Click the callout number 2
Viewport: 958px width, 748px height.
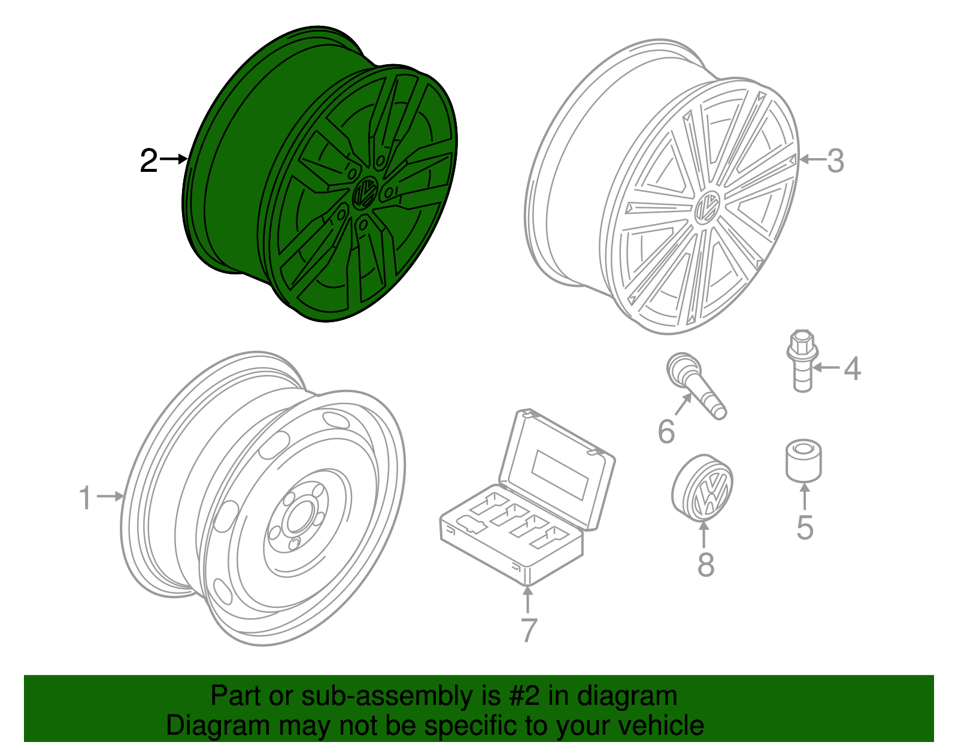click(148, 161)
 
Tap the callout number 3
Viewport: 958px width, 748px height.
click(835, 160)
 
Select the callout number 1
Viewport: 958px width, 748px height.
click(86, 498)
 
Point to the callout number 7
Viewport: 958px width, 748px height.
click(528, 629)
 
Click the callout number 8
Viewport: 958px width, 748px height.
click(706, 564)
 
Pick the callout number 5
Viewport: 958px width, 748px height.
click(805, 527)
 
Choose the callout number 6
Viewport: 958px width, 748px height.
click(666, 431)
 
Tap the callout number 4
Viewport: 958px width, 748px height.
click(852, 368)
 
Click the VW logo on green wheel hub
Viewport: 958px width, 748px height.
click(364, 193)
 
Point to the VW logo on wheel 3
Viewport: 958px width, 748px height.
click(707, 208)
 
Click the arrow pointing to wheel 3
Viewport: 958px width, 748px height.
click(811, 159)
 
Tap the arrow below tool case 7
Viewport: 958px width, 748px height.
click(527, 599)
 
